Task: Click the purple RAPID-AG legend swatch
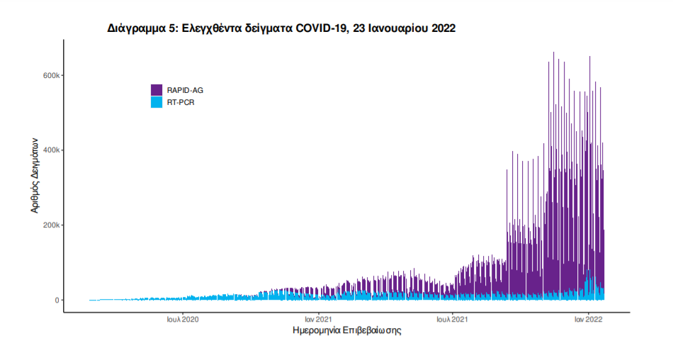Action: [x=157, y=90]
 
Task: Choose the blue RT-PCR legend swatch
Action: [x=157, y=102]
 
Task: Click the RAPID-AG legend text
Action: [x=185, y=90]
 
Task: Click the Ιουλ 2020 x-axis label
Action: [x=183, y=320]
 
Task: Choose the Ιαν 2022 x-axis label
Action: [x=588, y=320]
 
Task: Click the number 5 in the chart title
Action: [x=170, y=28]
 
